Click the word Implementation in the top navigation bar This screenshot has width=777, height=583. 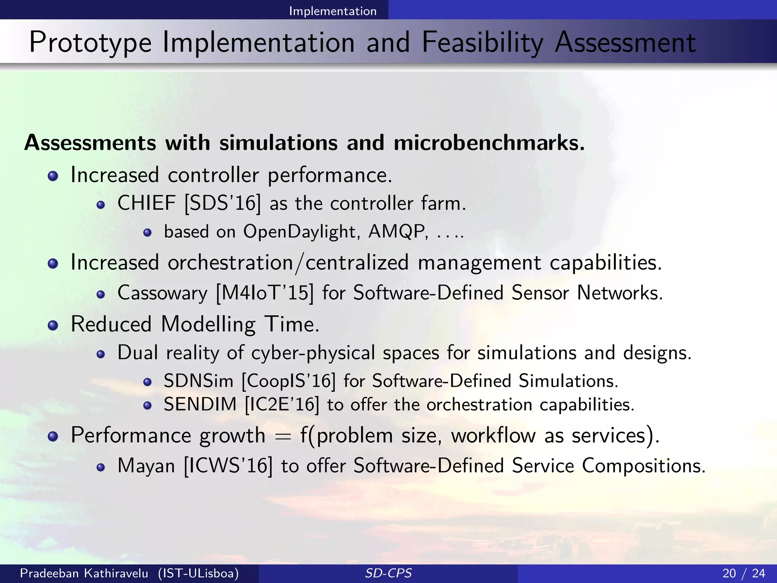click(x=333, y=11)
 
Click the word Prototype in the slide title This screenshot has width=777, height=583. click(x=90, y=43)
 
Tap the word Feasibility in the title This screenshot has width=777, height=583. click(x=482, y=43)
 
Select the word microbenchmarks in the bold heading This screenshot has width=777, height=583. click(x=489, y=143)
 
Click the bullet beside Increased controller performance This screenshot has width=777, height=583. click(x=53, y=176)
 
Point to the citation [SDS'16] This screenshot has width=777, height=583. click(x=223, y=203)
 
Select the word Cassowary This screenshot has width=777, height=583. click(x=162, y=293)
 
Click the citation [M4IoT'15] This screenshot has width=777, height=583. click(x=265, y=293)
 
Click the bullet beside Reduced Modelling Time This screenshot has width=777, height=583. click(x=53, y=325)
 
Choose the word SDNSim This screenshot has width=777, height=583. click(x=198, y=381)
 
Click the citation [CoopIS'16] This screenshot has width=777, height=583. click(x=289, y=381)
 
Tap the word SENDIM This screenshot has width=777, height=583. click(x=200, y=404)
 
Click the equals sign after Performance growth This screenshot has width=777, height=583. click(x=283, y=436)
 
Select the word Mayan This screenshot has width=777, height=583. click(x=146, y=466)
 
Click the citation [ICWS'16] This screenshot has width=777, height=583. click(x=228, y=466)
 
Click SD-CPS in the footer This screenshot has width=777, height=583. click(x=388, y=573)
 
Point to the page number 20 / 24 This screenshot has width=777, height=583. click(x=744, y=573)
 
